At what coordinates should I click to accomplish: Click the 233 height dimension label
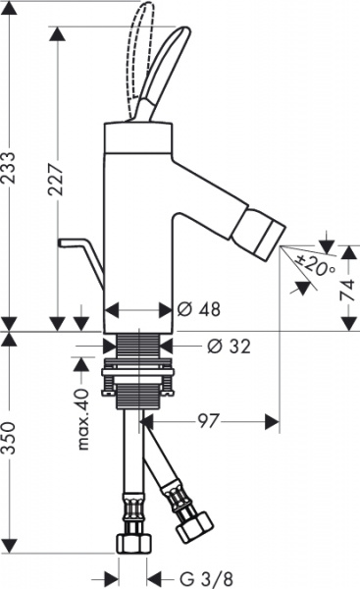point(9,167)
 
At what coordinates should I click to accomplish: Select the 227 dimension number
point(56,179)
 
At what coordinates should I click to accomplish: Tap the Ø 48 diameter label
point(198,309)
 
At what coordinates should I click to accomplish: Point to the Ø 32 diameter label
point(229,346)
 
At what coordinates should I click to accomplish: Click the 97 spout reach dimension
point(208,421)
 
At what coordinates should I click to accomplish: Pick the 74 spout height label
point(347,290)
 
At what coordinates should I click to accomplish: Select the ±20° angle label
point(315,264)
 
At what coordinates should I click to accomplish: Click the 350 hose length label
point(9,438)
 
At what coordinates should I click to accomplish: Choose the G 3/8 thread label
point(206,577)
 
